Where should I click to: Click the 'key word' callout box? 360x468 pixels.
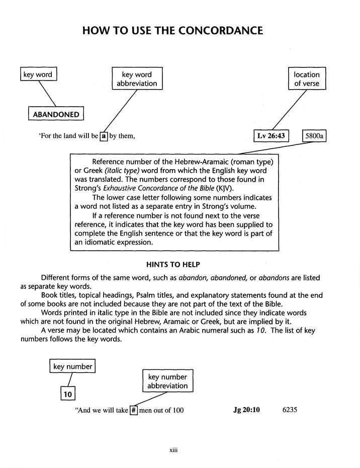pyautogui.click(x=38, y=75)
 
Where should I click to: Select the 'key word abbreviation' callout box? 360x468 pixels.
pyautogui.click(x=137, y=79)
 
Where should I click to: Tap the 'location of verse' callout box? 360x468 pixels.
pyautogui.click(x=307, y=79)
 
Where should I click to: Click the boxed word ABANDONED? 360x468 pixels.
pyautogui.click(x=55, y=114)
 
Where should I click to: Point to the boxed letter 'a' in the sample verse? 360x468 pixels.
pyautogui.click(x=104, y=136)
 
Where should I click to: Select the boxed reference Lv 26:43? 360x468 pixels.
pyautogui.click(x=272, y=136)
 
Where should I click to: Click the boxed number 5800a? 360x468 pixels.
pyautogui.click(x=317, y=136)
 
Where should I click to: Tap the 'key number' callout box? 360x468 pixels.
pyautogui.click(x=73, y=367)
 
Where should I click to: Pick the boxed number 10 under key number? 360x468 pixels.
pyautogui.click(x=67, y=394)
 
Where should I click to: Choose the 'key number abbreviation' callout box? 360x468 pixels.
pyautogui.click(x=167, y=381)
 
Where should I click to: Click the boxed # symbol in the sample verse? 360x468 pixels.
pyautogui.click(x=134, y=410)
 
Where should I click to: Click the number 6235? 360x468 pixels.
pyautogui.click(x=290, y=410)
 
